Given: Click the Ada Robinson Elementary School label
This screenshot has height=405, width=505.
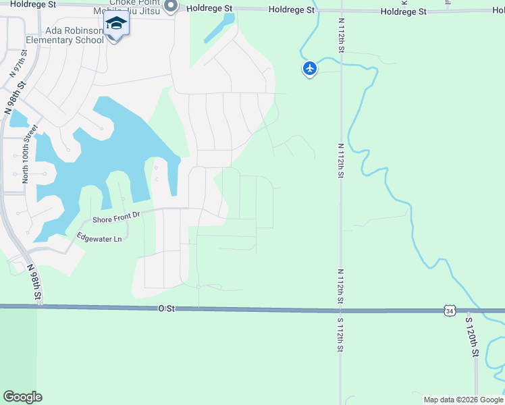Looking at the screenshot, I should [x=65, y=35].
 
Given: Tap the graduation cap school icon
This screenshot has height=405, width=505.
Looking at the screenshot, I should [x=116, y=24].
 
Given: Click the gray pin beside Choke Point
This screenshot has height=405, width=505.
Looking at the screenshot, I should [x=170, y=6].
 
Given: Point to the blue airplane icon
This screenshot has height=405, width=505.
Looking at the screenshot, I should [x=309, y=68].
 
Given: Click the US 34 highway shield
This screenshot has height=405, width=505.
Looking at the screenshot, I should [x=450, y=310].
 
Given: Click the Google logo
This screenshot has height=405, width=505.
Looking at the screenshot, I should [x=22, y=397].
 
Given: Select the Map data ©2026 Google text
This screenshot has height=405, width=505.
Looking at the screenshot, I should [x=463, y=400].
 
